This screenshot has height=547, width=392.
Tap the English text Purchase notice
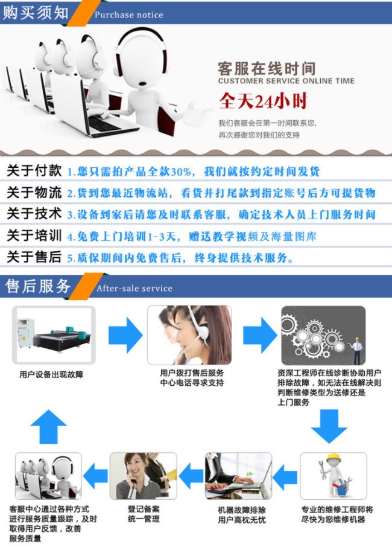(x=129, y=14)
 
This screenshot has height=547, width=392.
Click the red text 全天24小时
(x=264, y=101)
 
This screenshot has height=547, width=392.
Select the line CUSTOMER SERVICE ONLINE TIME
(x=286, y=81)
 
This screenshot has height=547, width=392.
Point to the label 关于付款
(x=34, y=170)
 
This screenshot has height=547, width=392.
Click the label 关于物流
(x=34, y=192)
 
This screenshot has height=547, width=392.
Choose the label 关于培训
(x=34, y=235)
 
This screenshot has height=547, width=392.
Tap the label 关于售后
(x=34, y=257)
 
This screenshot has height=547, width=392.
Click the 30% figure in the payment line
(x=181, y=171)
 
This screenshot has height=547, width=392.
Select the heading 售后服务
(x=38, y=286)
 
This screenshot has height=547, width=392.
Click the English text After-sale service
(x=134, y=288)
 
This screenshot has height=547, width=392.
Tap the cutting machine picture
(x=54, y=335)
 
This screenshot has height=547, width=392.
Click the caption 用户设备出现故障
(x=51, y=375)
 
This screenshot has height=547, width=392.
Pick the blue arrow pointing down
(x=329, y=426)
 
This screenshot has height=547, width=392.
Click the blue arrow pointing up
(x=48, y=426)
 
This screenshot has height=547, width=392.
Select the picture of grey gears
(x=323, y=335)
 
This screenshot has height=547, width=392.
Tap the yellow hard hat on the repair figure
(x=334, y=458)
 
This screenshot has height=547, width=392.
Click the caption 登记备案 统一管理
(x=144, y=514)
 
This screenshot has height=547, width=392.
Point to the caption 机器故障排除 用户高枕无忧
(x=242, y=515)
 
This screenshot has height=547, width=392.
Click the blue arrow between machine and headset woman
(x=125, y=335)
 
